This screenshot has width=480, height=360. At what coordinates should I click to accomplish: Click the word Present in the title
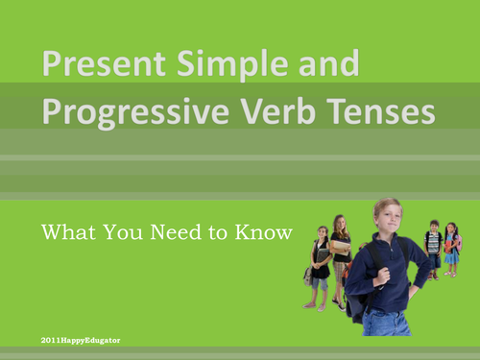pyautogui.click(x=92, y=68)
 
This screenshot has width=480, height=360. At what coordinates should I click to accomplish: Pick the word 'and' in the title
pyautogui.click(x=323, y=66)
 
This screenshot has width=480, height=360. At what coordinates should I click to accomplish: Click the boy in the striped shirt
pyautogui.click(x=433, y=248)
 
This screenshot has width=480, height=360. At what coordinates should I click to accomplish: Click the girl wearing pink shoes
pyautogui.click(x=320, y=264)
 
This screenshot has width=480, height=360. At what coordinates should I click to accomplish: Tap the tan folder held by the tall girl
pyautogui.click(x=341, y=246)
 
